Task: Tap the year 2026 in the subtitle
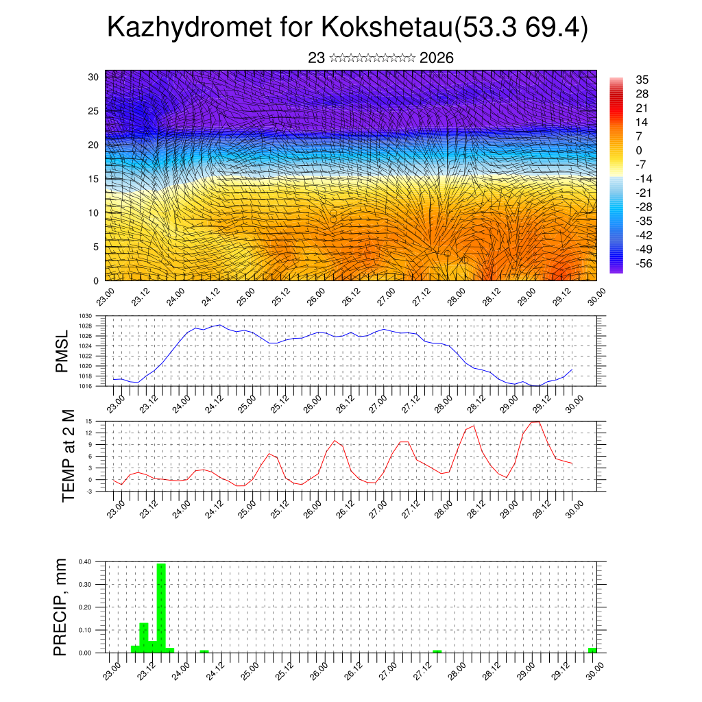[436, 58]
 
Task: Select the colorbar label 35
[642, 80]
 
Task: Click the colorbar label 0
[639, 150]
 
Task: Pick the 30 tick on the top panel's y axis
[93, 77]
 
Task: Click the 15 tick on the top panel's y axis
[93, 179]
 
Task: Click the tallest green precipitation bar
[161, 607]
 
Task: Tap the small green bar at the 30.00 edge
[592, 650]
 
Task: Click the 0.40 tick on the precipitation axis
[85, 561]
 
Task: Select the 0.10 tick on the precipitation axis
[85, 630]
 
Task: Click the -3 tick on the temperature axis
[89, 491]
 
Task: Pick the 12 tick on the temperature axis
[89, 433]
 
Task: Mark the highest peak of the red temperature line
[537, 422]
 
